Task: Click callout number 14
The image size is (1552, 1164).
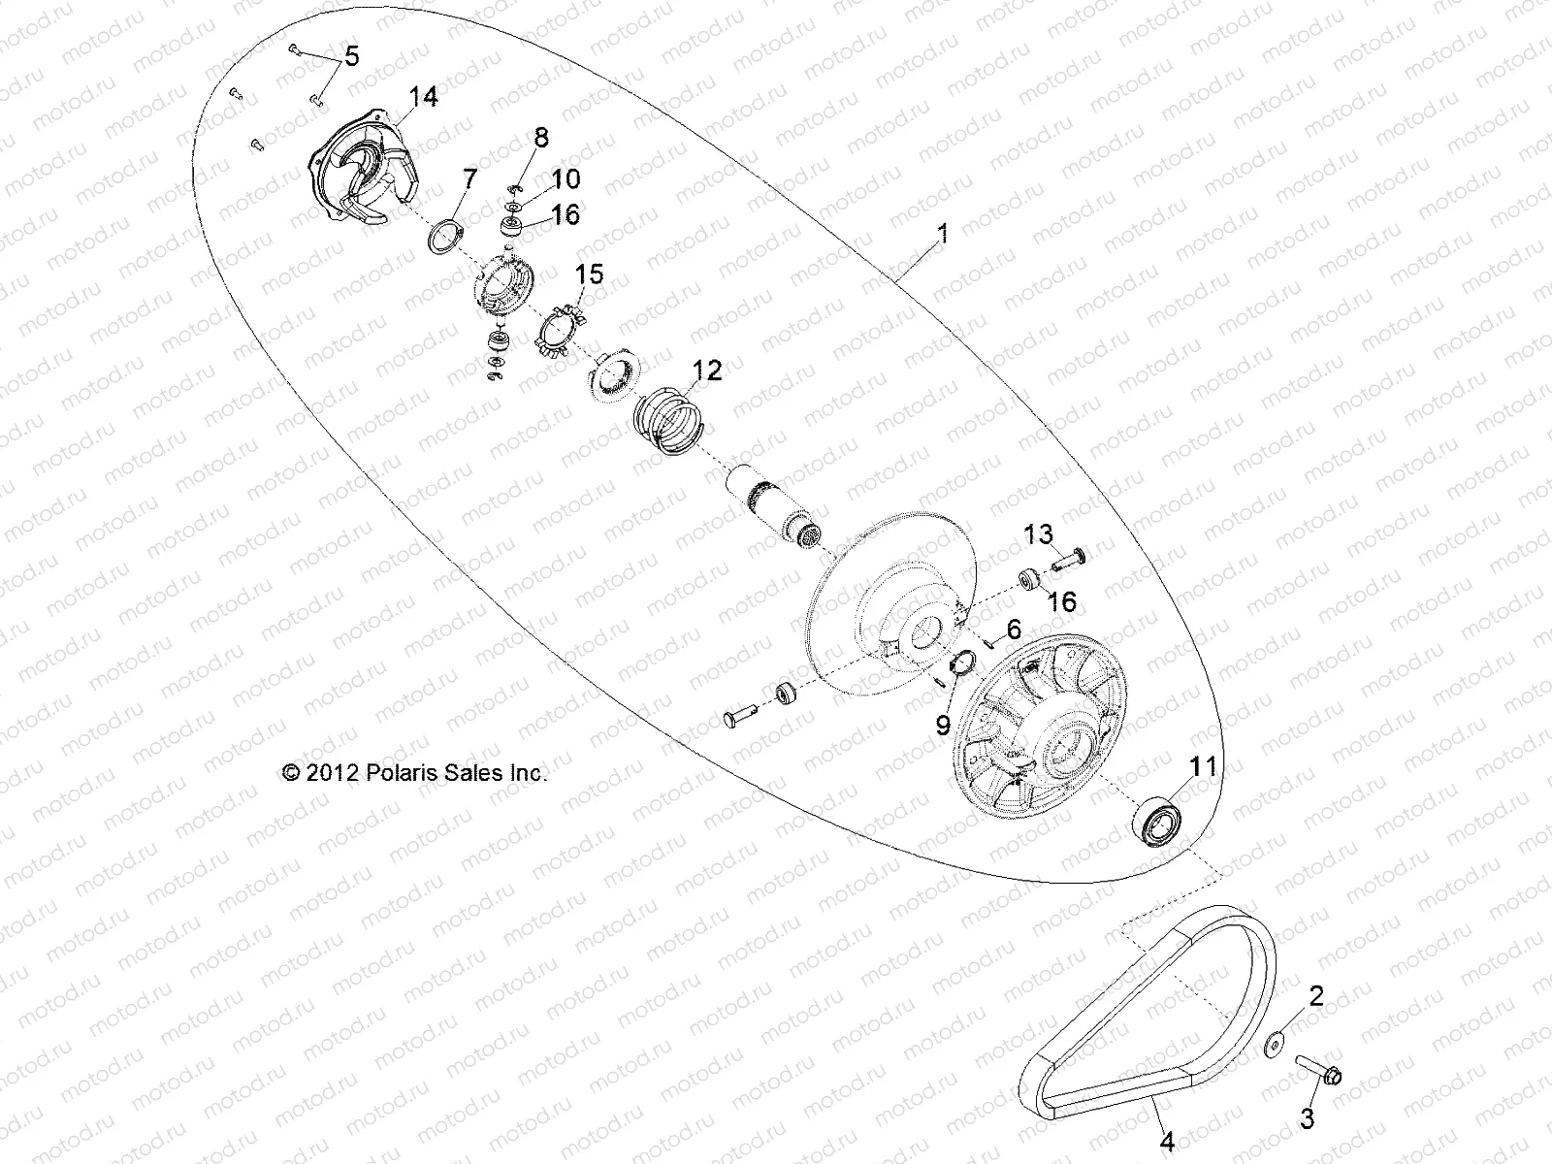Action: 423,96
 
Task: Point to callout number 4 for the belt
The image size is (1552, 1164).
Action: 1167,1143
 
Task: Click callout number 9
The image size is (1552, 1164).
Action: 941,724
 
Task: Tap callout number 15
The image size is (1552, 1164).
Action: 590,275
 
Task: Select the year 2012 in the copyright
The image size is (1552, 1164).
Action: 334,773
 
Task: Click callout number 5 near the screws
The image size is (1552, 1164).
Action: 351,56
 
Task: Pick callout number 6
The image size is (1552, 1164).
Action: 1014,630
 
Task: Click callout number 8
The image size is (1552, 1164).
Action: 539,139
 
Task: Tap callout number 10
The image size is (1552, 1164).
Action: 566,178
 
